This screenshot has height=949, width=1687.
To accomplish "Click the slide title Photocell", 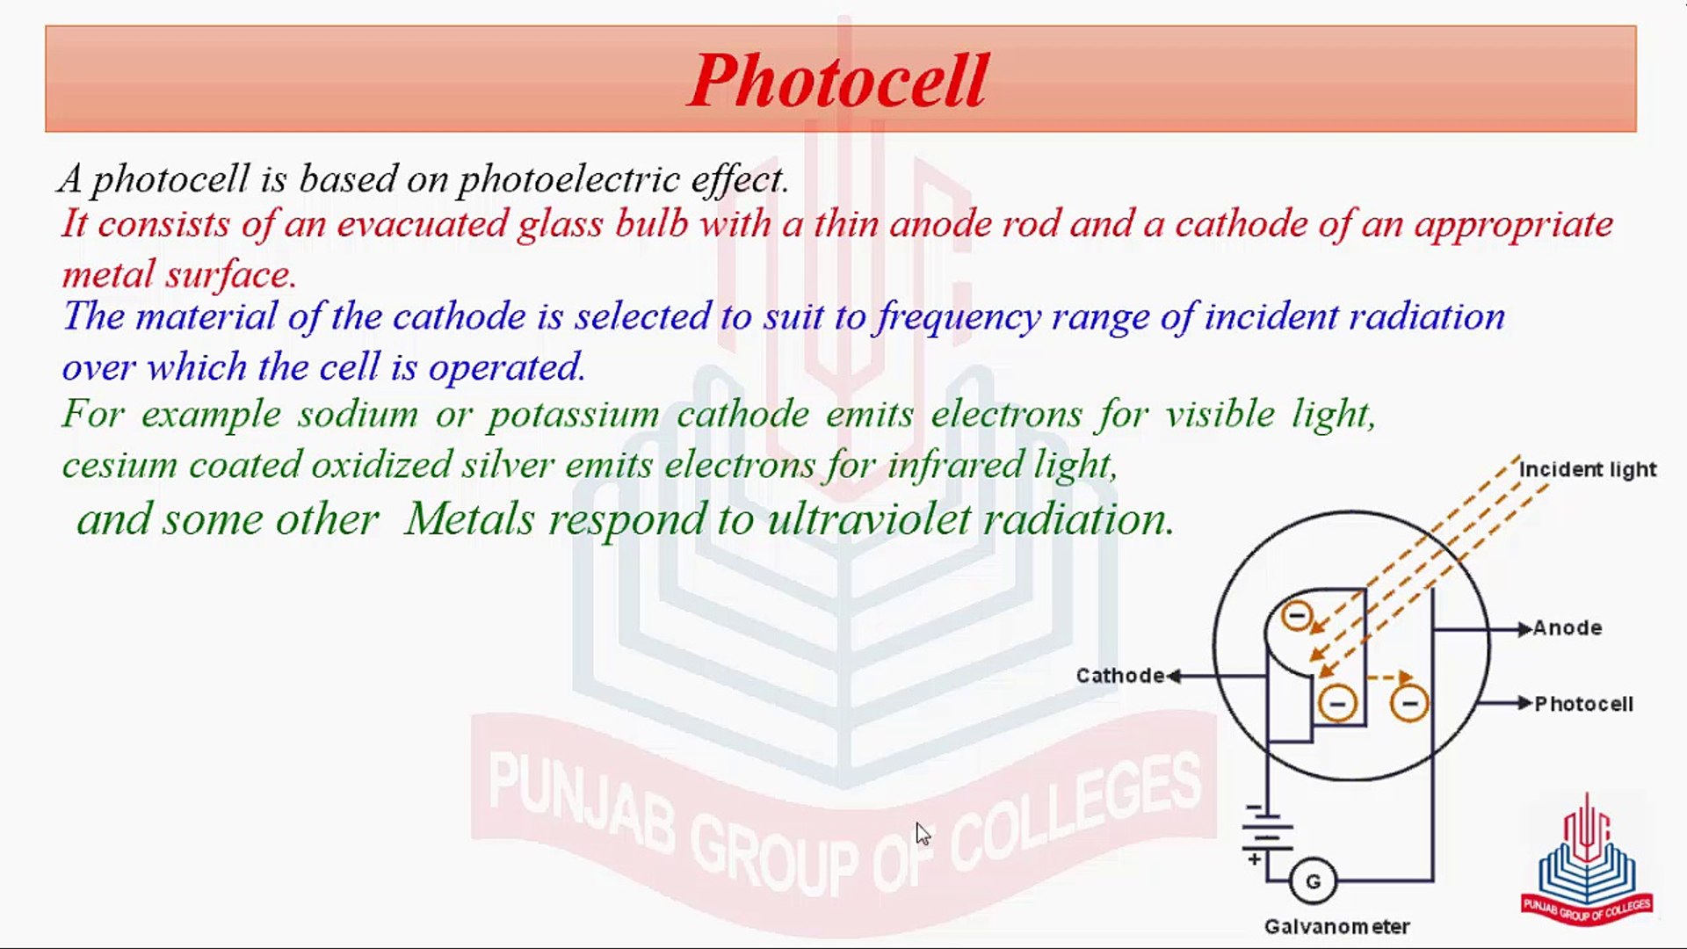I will [839, 81].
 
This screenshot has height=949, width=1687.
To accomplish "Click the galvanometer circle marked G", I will [1313, 881].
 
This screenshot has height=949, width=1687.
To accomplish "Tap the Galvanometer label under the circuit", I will [1336, 926].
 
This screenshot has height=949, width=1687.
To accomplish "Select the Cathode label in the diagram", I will [1119, 676].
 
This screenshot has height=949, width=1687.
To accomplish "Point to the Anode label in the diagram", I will [1568, 628].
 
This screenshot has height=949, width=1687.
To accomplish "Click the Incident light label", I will [1588, 469].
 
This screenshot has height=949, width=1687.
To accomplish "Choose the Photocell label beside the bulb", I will [1583, 704].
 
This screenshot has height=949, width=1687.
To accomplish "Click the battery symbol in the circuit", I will [1266, 831].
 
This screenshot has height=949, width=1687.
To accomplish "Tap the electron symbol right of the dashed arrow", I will [1409, 704].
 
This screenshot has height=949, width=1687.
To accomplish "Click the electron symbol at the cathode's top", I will [1297, 615].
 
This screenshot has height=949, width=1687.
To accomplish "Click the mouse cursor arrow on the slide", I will [922, 833].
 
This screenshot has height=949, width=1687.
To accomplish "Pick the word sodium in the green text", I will [358, 414].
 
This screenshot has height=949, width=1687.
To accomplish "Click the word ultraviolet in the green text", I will [869, 519].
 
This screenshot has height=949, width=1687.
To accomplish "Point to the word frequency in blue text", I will [959, 317].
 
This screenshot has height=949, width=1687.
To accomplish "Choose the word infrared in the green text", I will [955, 465].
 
